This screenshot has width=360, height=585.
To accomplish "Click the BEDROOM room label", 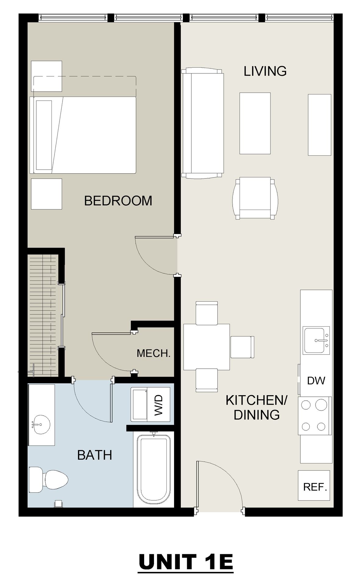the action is coord(118,201).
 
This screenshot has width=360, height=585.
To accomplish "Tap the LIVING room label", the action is coord(265,71).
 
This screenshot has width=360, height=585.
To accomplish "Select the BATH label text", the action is coord(95,455).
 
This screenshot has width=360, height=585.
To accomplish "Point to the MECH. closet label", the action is coord(153,353).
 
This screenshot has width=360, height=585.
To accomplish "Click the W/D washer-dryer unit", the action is coord(151,405).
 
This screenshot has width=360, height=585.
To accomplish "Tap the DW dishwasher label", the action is coord(316,381).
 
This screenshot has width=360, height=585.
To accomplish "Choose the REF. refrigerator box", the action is coord(314,485).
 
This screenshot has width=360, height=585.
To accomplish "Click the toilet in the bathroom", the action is coord(48,480).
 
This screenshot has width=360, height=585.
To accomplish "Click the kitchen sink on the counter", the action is coord(316,340).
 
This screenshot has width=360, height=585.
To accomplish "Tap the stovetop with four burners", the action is coord(315,416).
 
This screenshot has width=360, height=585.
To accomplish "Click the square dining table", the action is coord(207,347).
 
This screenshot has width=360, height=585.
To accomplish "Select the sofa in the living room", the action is coord(203,123).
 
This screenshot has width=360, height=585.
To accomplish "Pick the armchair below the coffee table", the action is coord(255,198).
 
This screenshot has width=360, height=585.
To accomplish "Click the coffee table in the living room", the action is coord(255,123).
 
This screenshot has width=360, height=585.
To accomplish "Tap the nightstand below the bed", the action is coord(47,194).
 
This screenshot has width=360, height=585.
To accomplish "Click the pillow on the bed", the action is coord(44,135).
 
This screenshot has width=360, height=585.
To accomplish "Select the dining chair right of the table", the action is coord(242,347).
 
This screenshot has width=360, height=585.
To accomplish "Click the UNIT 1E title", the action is coord(186,562).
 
